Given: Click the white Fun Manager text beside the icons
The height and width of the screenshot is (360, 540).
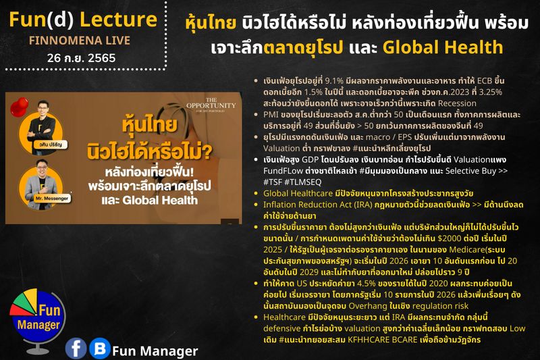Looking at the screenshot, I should (x=155, y=351).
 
